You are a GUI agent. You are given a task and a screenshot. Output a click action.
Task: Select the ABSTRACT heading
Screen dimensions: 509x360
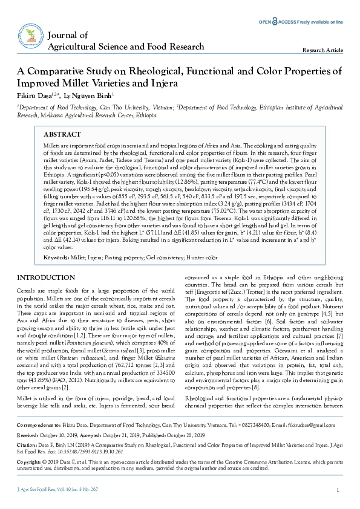(x=63, y=134)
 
